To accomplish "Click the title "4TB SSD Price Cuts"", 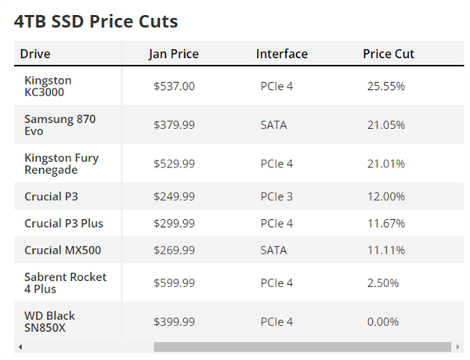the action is pos(96,22).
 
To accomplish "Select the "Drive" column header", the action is pos(35,54).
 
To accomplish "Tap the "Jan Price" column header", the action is pos(174,54).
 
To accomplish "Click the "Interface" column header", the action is pos(282,54).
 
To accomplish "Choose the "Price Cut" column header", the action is pos(389,54).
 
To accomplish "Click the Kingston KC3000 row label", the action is pos(48,86).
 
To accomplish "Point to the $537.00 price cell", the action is pos(174,86).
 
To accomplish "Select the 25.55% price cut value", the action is pos(386,86).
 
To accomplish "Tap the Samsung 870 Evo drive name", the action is pos(60,125).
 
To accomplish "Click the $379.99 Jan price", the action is pos(174,125).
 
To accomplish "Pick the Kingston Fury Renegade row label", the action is pos(61,164).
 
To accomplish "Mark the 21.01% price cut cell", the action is pos(386,164).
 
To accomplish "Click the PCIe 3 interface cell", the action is pos(277,196).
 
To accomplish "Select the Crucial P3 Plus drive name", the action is pos(63,223).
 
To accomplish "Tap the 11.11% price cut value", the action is pos(386,250).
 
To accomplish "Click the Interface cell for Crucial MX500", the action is pos(273,250).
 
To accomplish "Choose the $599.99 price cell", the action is pos(174,283).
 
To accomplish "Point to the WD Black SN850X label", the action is pos(49,322).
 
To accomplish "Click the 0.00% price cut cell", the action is pos(383,322).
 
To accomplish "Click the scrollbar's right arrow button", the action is pos(457,347).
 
